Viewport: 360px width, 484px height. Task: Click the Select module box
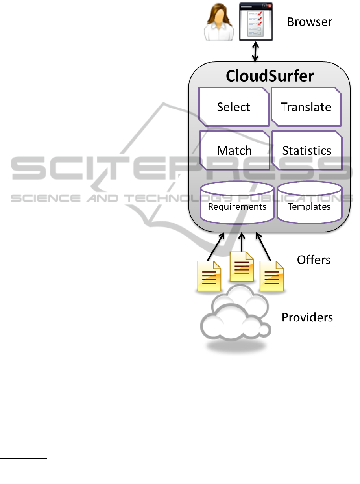tap(234, 107)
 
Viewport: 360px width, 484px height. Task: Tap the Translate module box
tap(306, 107)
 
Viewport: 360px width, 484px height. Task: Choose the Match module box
tap(234, 150)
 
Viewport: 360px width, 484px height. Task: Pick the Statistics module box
tap(306, 150)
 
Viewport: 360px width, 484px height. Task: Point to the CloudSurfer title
tap(270, 76)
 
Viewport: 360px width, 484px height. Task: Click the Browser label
tap(309, 22)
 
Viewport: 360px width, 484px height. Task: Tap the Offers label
tap(313, 260)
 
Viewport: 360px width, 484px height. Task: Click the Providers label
tap(307, 317)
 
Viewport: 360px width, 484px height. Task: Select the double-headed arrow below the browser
tap(255, 52)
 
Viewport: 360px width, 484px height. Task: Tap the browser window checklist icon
tap(256, 22)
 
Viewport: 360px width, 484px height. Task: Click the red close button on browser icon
tap(269, 6)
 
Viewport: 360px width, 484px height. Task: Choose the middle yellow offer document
tap(241, 267)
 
